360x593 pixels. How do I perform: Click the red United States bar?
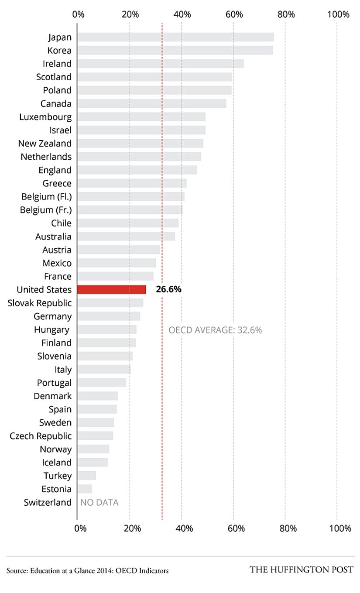(x=112, y=290)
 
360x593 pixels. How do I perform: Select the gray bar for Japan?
(x=175, y=37)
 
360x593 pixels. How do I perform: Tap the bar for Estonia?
(x=85, y=489)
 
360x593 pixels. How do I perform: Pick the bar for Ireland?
(x=160, y=64)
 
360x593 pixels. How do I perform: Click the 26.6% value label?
(x=168, y=290)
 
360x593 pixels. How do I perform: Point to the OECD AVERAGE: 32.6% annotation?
(x=215, y=330)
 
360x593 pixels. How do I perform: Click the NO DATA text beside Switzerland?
(x=99, y=503)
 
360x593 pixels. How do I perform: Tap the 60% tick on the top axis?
(x=234, y=14)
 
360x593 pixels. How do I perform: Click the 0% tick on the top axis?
(x=79, y=14)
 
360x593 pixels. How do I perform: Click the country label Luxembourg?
(x=45, y=117)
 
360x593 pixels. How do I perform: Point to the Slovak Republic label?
(x=40, y=303)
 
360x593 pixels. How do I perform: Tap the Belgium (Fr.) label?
(x=46, y=210)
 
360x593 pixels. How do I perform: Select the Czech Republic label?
(x=41, y=436)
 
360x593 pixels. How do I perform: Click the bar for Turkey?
(x=86, y=476)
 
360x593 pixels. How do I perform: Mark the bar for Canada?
(x=152, y=103)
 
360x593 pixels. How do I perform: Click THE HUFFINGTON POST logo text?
(x=302, y=570)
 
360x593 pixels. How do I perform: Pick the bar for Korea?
(x=175, y=50)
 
